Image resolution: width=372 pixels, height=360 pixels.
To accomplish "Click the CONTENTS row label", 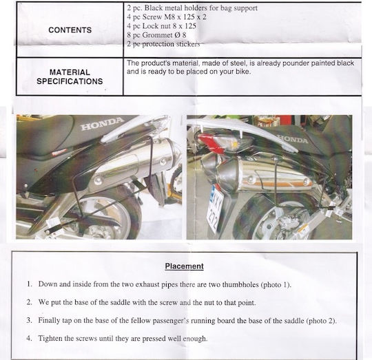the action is click(70, 30).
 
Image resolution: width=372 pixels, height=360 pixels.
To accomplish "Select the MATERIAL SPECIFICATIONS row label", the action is click(70, 77).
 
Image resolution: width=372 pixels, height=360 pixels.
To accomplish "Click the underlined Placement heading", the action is click(185, 266).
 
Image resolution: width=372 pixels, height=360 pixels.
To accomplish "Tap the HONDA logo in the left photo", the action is click(103, 124).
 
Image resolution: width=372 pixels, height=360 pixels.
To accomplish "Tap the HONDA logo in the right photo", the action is click(293, 138).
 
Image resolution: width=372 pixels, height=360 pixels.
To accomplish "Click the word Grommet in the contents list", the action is click(157, 35).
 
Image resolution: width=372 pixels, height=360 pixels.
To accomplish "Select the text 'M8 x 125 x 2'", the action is click(185, 17).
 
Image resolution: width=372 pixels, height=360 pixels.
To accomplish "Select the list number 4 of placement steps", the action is click(29, 338).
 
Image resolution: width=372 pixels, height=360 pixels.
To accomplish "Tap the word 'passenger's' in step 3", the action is click(171, 321).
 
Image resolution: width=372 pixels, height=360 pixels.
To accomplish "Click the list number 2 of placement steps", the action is click(29, 302).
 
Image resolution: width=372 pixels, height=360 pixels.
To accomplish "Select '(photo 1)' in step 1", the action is click(276, 284).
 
